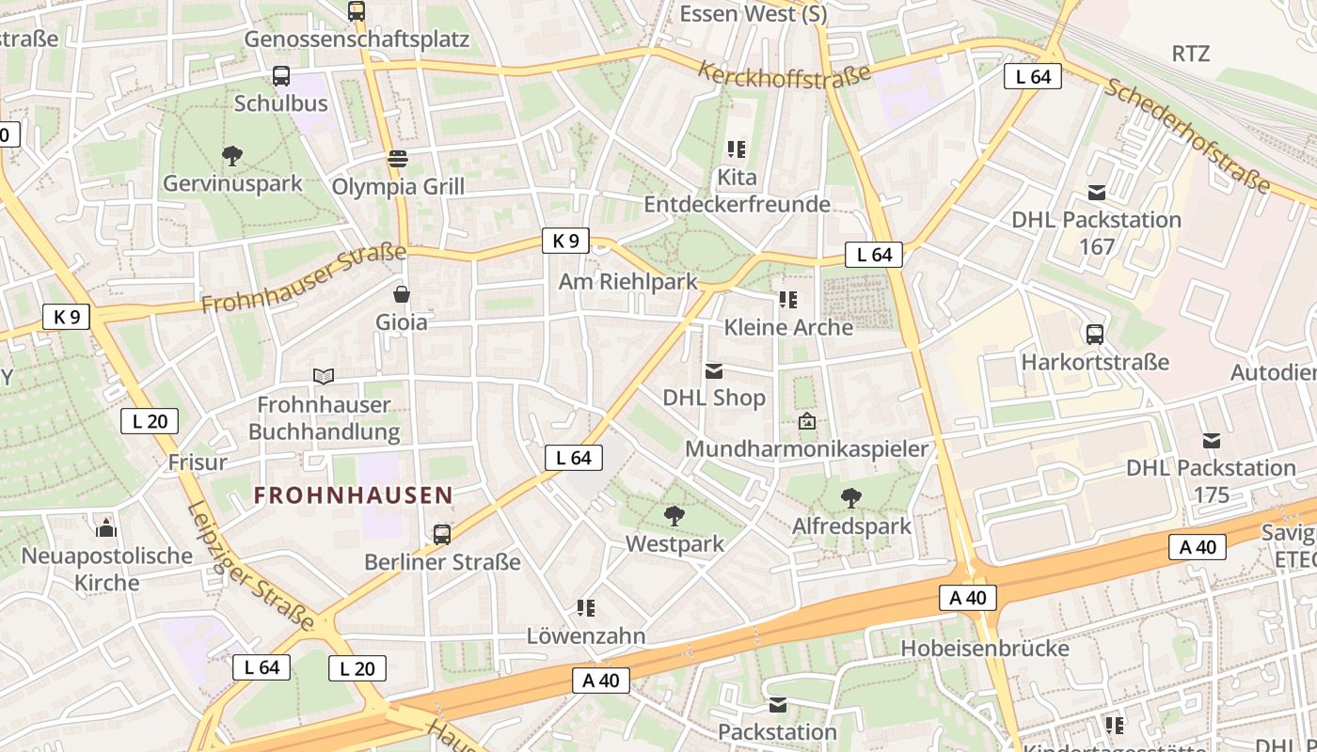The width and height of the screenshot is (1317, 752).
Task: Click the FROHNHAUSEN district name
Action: click(353, 494)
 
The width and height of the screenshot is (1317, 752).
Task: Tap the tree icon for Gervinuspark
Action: click(231, 155)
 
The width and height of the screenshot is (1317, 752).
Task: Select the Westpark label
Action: click(675, 543)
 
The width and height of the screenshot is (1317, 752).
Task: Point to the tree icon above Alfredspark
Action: click(851, 497)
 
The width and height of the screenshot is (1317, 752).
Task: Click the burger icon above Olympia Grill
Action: click(398, 158)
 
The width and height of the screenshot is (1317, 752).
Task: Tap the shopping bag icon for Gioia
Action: click(402, 294)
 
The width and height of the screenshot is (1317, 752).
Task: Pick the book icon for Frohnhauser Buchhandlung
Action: click(324, 376)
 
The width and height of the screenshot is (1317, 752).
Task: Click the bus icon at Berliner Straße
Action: click(442, 534)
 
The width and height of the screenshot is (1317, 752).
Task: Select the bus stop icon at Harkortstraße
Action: click(1095, 334)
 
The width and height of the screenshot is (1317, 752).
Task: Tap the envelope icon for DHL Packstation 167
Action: click(1096, 193)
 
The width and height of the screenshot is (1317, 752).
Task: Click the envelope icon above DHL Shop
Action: click(714, 370)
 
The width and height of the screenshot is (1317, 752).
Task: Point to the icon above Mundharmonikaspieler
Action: click(806, 421)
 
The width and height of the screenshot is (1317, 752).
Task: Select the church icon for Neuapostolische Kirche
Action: click(106, 527)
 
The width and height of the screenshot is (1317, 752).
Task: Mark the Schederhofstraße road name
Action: click(1186, 135)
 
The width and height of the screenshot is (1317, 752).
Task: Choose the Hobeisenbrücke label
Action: click(985, 648)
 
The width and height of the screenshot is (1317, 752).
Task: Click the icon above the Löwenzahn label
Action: click(586, 608)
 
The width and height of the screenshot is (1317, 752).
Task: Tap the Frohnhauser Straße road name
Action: click(303, 279)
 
